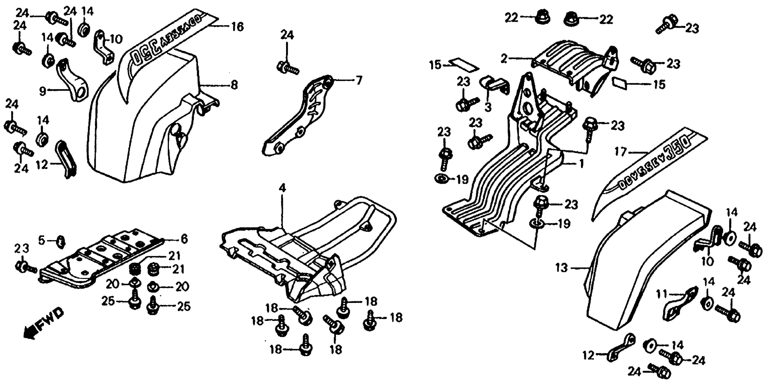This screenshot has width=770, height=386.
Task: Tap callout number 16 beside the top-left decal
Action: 238,27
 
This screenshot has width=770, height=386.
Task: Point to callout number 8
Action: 234,85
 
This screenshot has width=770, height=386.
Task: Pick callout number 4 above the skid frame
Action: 282,188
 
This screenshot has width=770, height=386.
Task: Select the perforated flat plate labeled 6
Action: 102,260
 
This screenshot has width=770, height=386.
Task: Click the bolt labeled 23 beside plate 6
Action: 25,267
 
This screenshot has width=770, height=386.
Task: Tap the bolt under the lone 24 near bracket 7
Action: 287,68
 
